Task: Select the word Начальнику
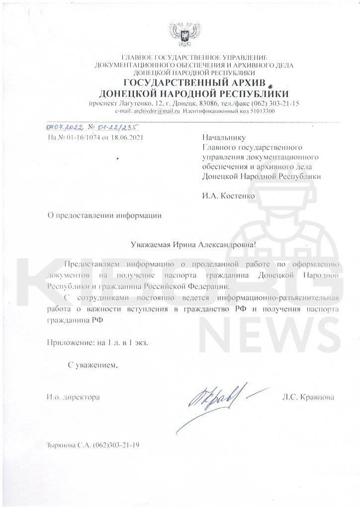(224, 137)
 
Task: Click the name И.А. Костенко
(229, 196)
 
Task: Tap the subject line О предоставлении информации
(104, 215)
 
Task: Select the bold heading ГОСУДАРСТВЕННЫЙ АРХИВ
(196, 83)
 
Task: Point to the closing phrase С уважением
(93, 366)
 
